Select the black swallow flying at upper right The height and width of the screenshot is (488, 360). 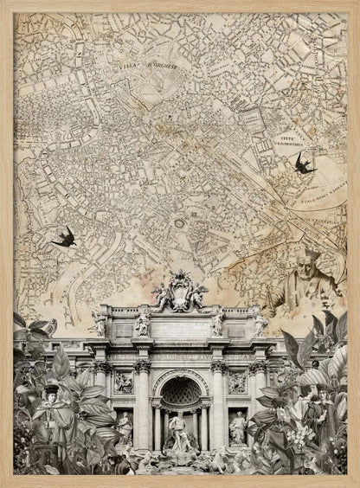pos(304,163)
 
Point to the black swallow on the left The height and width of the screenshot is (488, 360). pos(64,236)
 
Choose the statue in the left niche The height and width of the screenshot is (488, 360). pos(125,427)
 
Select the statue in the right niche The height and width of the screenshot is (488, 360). pos(236,427)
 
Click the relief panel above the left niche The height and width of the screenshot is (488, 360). pos(124,382)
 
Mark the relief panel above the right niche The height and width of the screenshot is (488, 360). pos(237,382)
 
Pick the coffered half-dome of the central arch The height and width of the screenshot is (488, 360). pos(181,391)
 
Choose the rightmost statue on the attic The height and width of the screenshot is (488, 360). pos(260,324)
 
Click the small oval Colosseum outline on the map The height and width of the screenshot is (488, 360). pos(179,223)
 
